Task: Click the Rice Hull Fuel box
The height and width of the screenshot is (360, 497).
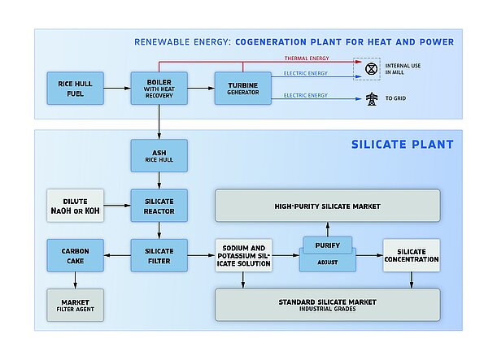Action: coord(75,88)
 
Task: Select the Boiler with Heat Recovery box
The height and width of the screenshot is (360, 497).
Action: coord(159,88)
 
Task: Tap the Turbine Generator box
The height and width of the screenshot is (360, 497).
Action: coord(242,88)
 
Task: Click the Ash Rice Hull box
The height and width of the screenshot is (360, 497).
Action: coord(159,155)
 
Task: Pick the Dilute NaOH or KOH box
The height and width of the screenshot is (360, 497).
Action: coord(75,206)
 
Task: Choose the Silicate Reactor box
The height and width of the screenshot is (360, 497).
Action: coord(159,206)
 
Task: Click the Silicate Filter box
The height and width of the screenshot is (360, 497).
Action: coord(159,256)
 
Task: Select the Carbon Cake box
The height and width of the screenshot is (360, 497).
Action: coord(75,256)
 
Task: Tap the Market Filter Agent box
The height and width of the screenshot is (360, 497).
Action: coord(75,305)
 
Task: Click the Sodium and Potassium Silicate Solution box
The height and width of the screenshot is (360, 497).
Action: coord(243,256)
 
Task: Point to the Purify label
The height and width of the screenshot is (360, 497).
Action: coord(327,244)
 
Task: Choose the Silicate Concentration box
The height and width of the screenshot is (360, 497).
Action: coord(411,256)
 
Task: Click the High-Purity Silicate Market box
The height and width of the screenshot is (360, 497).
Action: coord(327,206)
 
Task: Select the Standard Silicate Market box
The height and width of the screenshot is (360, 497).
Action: coord(327,305)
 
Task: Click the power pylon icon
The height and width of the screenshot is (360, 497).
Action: coord(372,99)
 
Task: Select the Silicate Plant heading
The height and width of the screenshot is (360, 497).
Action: coord(402,145)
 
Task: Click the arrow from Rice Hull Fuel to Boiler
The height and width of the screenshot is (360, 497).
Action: coord(118,88)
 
